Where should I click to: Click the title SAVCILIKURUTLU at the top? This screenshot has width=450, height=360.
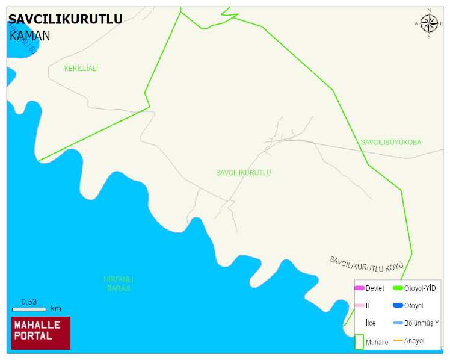tap(66, 19)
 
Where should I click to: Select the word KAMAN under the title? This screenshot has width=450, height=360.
tap(30, 36)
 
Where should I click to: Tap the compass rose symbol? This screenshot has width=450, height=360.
tap(429, 23)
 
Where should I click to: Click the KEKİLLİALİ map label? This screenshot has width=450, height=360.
tap(81, 69)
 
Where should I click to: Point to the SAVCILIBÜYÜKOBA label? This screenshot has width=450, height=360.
tap(391, 143)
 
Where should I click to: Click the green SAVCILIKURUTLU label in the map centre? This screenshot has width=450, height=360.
tap(244, 173)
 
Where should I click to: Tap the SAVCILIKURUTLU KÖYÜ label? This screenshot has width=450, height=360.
tap(366, 264)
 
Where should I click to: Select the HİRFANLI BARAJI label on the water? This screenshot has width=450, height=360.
tap(119, 284)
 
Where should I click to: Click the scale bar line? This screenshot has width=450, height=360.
tap(29, 309)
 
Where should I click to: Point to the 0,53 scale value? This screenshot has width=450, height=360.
tap(29, 302)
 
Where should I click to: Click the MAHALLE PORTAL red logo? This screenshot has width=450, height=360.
tap(41, 332)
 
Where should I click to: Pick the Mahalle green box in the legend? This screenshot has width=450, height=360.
tap(359, 342)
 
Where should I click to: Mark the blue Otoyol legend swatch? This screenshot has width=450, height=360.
tap(398, 306)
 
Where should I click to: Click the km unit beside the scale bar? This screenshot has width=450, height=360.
tap(56, 309)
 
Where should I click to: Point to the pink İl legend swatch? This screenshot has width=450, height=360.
tap(359, 306)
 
